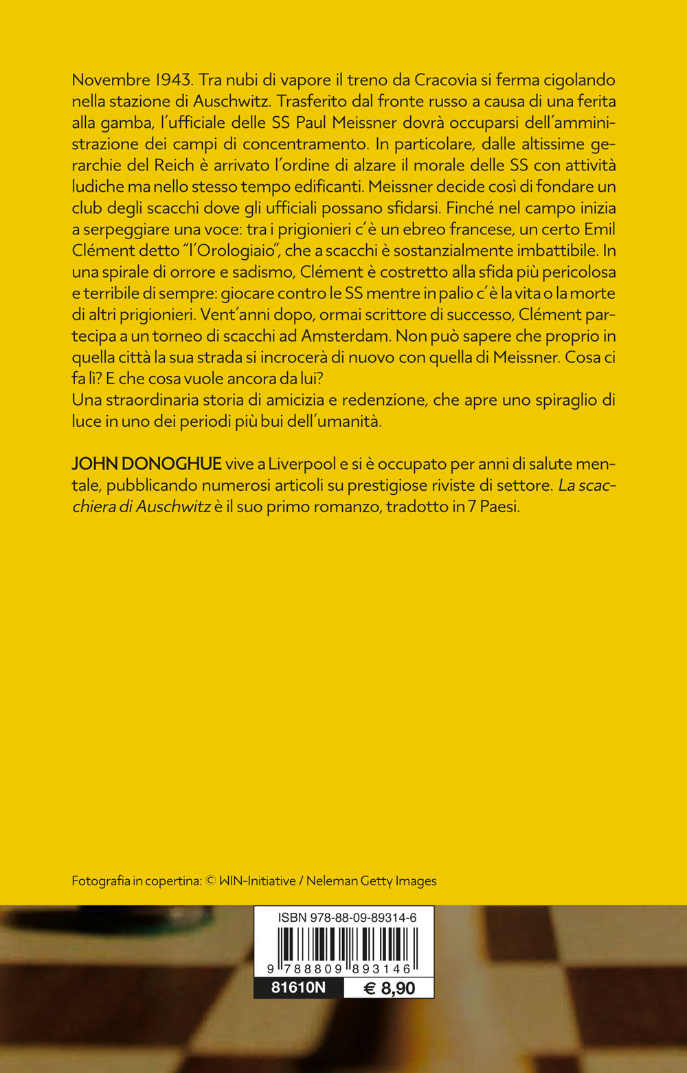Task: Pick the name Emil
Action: [598, 229]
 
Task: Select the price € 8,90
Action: [389, 988]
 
